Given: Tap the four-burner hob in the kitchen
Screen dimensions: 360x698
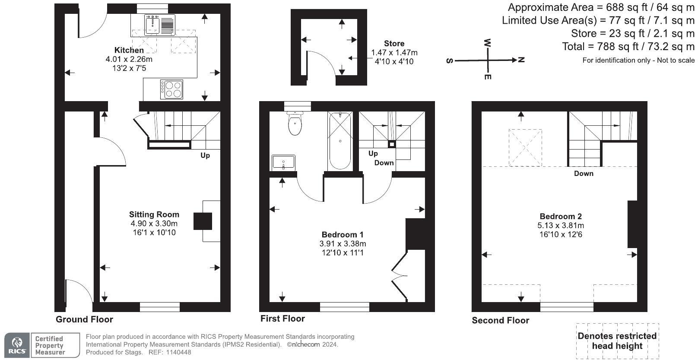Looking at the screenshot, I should [x=171, y=89].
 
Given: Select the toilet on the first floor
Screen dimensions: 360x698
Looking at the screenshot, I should [x=295, y=124].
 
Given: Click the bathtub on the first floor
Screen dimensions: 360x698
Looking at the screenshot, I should [x=340, y=141].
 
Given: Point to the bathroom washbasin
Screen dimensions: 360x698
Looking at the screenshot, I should [x=283, y=162].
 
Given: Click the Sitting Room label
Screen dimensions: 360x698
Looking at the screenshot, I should [x=154, y=214].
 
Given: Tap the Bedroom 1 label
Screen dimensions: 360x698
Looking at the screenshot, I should [x=343, y=235].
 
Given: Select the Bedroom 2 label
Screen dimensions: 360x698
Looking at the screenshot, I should [x=560, y=217].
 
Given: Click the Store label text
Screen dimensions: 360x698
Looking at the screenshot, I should [x=394, y=43].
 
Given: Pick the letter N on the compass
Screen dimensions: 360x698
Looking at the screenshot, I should [x=521, y=60].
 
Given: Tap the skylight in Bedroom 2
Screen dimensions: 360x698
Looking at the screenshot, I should [x=525, y=147].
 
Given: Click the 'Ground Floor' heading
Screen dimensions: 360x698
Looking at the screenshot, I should [x=84, y=319].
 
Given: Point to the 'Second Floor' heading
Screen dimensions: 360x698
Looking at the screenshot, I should [x=500, y=320].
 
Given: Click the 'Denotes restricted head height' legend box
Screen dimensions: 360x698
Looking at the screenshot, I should [x=617, y=341].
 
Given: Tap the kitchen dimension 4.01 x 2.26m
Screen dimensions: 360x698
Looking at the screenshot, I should [x=129, y=59].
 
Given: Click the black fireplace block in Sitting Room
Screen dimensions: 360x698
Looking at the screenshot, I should [x=203, y=221].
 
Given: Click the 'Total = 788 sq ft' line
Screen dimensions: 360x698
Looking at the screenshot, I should [x=628, y=46].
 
